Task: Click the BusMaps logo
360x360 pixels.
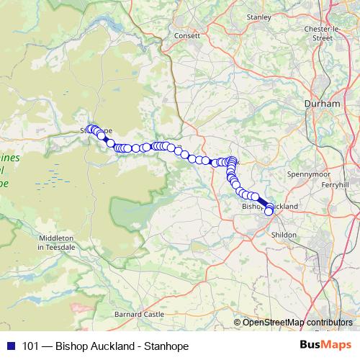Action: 325,346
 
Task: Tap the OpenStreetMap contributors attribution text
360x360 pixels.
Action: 297,322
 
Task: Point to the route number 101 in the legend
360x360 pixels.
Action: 31,346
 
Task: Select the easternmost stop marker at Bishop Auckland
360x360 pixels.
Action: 269,211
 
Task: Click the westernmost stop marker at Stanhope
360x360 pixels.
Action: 89,129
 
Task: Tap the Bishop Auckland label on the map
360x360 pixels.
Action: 270,206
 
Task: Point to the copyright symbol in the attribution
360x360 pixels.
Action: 238,322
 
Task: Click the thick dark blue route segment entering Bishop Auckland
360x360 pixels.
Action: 261,203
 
